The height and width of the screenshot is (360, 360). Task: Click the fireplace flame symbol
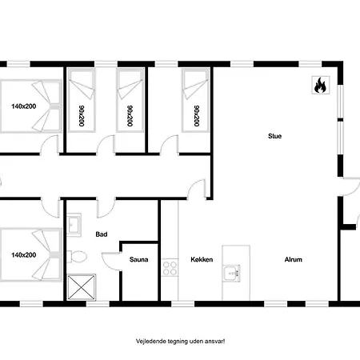pyautogui.click(x=321, y=85)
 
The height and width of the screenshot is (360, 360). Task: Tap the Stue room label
pyautogui.click(x=274, y=136)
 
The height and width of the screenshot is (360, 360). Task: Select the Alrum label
pyautogui.click(x=294, y=259)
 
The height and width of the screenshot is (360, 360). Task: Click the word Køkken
pyautogui.click(x=202, y=259)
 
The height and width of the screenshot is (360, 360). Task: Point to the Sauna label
pyautogui.click(x=138, y=259)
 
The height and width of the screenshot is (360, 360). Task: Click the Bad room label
pyautogui.click(x=102, y=234)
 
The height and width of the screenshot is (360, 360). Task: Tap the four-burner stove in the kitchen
pyautogui.click(x=170, y=268)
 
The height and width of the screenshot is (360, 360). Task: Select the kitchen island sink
pyautogui.click(x=232, y=273)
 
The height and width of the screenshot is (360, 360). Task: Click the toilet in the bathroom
pyautogui.click(x=77, y=257)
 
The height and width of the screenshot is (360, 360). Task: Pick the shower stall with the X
pyautogui.click(x=81, y=287)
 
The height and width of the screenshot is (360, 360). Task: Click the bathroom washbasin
pyautogui.click(x=74, y=225)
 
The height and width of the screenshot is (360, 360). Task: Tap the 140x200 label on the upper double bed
pyautogui.click(x=23, y=106)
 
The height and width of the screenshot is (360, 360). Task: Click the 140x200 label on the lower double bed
pyautogui.click(x=23, y=255)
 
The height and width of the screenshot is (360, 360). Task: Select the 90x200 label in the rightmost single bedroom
pyautogui.click(x=197, y=116)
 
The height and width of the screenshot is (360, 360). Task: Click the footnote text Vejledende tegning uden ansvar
pyautogui.click(x=180, y=342)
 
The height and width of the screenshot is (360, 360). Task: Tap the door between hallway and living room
pyautogui.click(x=197, y=190)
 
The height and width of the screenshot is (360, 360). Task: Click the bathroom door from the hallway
pyautogui.click(x=106, y=208)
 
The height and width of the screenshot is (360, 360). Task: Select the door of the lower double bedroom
pyautogui.click(x=50, y=208)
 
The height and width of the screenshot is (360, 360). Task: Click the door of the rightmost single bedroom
pyautogui.click(x=169, y=145)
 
